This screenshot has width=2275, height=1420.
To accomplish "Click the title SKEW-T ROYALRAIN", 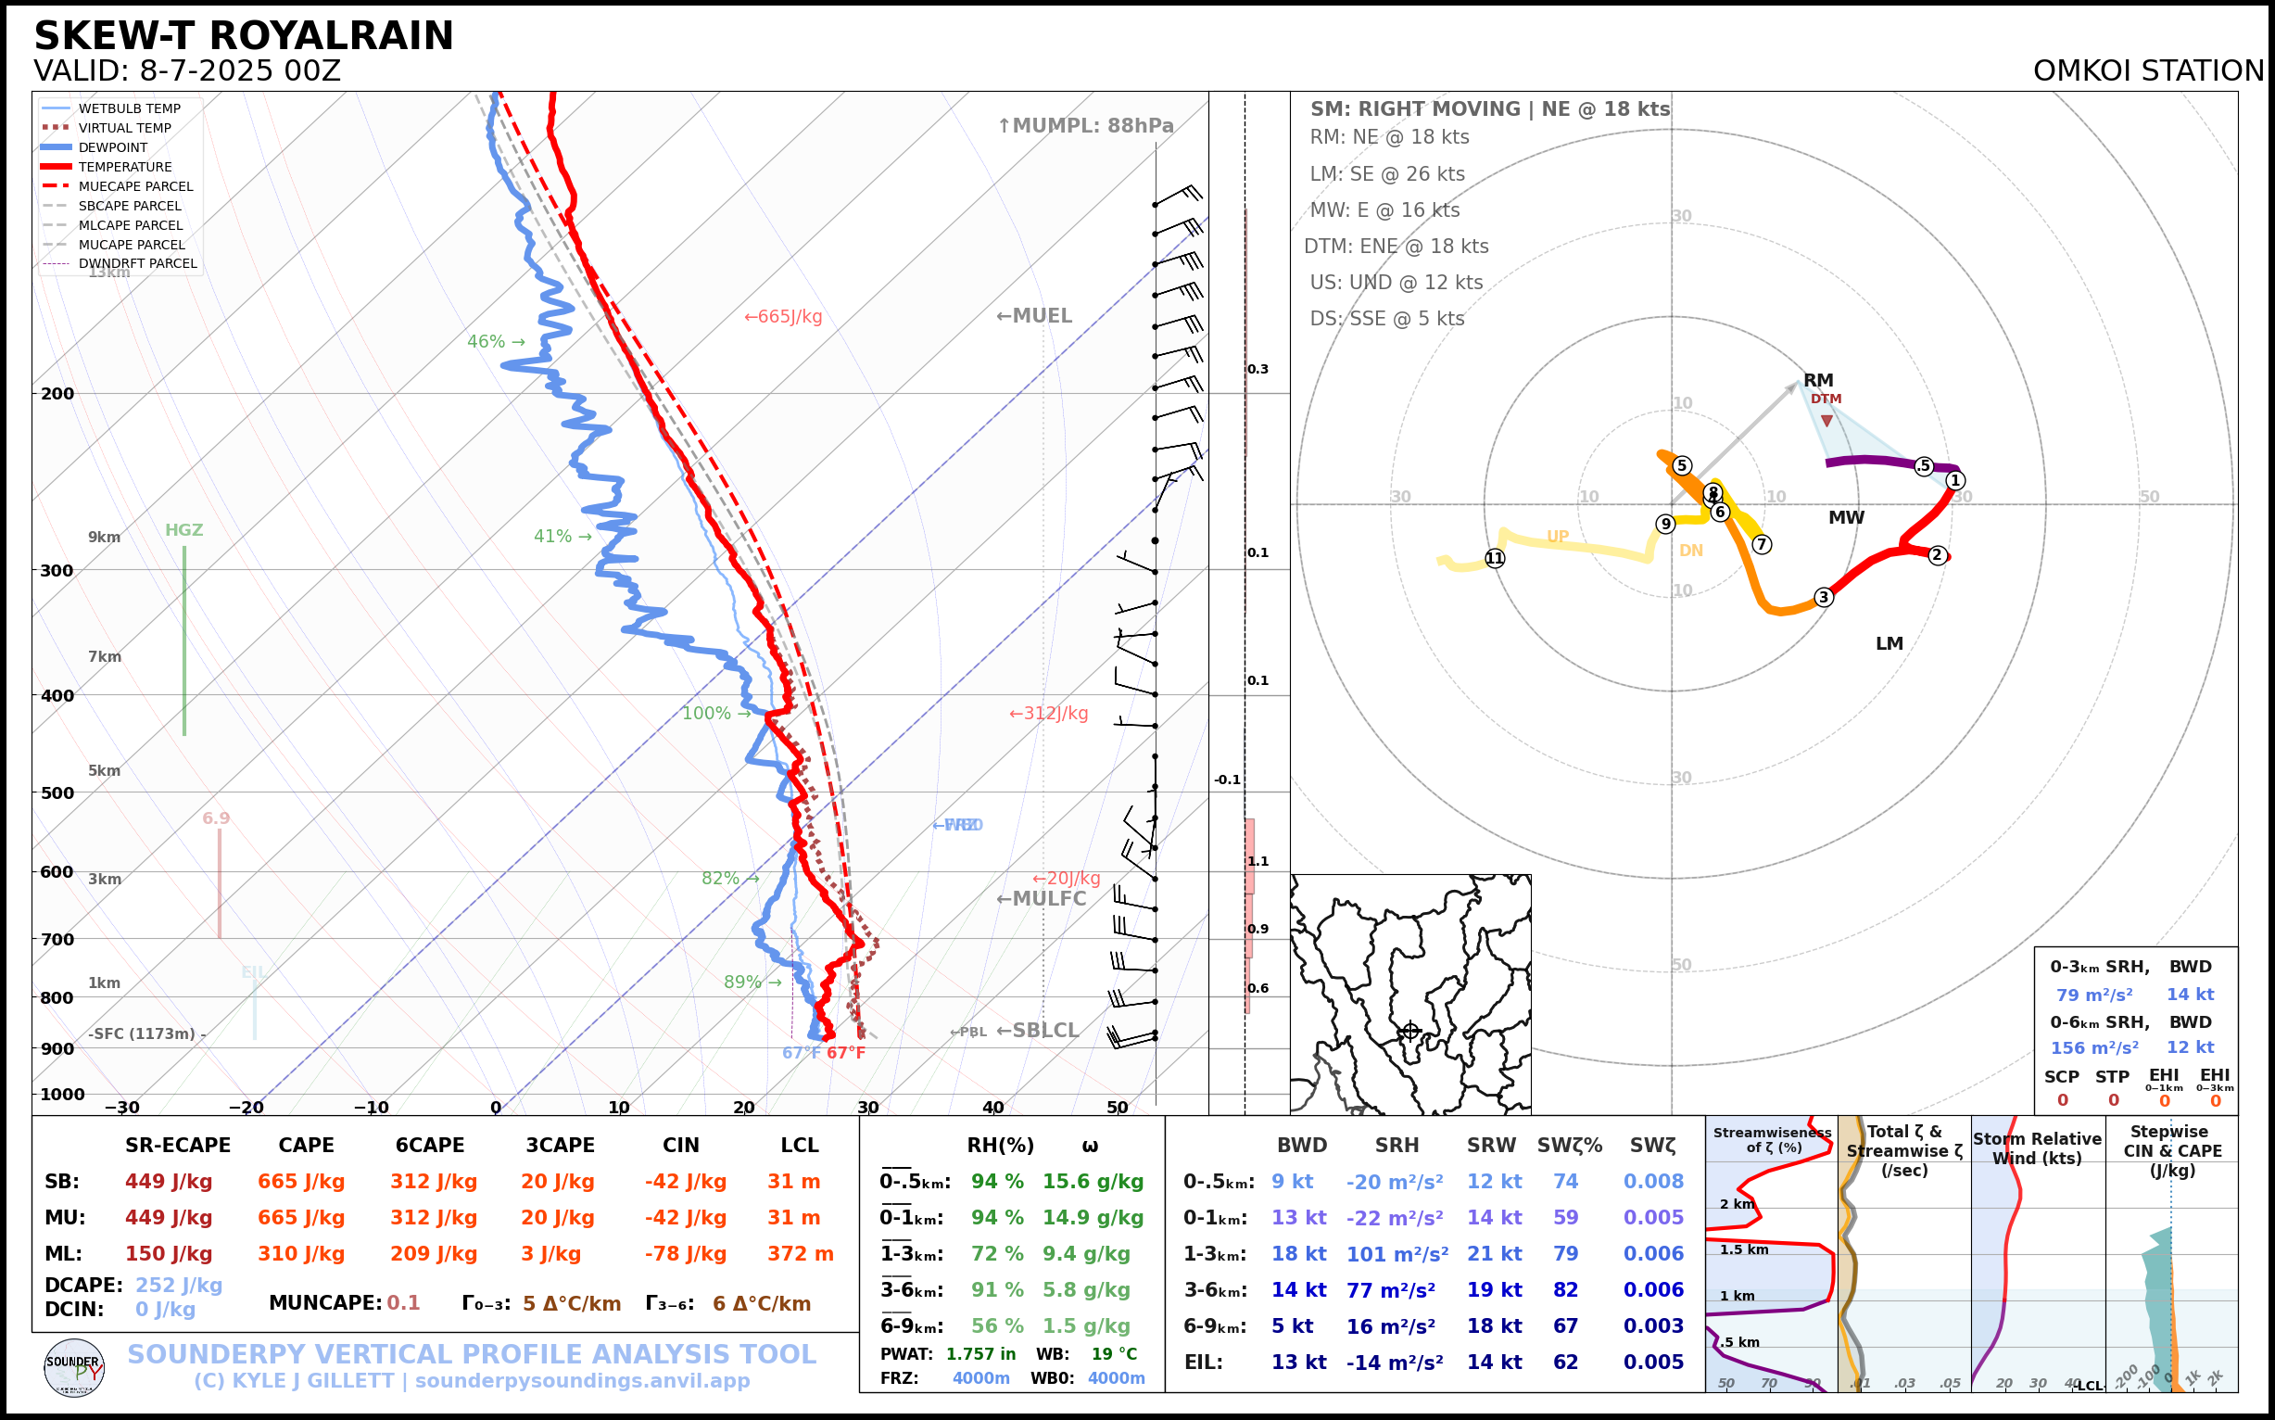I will click(243, 36).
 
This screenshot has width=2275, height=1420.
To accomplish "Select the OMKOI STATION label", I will click(2148, 71).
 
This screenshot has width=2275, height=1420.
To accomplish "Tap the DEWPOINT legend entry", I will click(113, 147).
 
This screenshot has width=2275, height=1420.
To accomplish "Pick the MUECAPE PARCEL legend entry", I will click(135, 186).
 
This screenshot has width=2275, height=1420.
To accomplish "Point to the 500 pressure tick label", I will click(57, 792).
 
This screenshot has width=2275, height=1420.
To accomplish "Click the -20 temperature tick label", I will click(246, 1108).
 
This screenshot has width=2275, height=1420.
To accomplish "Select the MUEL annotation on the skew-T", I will click(1034, 316).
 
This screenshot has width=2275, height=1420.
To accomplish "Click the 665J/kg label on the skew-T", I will click(783, 317).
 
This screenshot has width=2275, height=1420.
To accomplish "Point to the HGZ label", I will click(184, 530).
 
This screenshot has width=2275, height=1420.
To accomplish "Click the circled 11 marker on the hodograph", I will click(1495, 559).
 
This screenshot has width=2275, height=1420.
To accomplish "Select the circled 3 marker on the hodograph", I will click(1824, 597).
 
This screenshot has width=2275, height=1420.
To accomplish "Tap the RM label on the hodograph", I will click(1818, 380).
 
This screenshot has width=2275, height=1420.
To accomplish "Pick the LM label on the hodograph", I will click(1890, 644).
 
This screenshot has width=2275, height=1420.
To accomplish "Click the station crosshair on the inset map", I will click(1409, 1032).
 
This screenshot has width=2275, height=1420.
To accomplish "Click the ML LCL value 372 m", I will click(800, 1254).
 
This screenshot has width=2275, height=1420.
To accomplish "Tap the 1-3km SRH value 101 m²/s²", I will click(1397, 1254).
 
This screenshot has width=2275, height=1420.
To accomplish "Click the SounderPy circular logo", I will click(74, 1368).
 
